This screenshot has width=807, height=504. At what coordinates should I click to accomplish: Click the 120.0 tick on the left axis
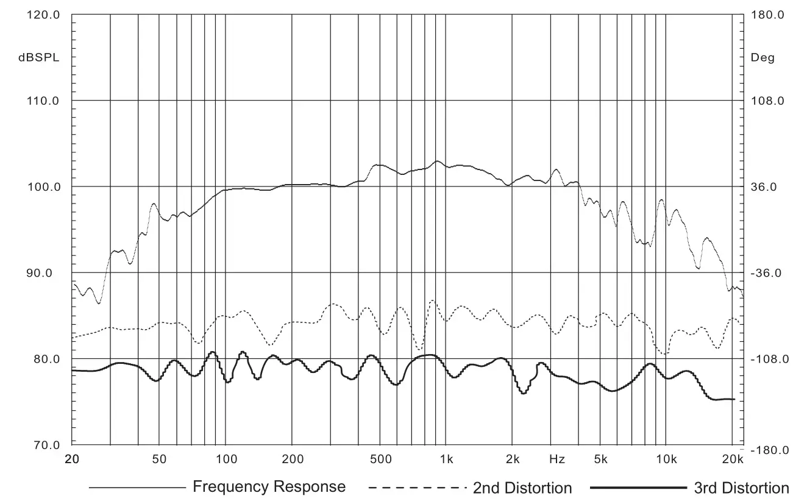pyautogui.click(x=43, y=15)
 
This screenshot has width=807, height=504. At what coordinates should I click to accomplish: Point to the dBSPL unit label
pyautogui.click(x=39, y=58)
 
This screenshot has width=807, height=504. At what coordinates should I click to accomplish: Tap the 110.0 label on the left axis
pyautogui.click(x=43, y=101)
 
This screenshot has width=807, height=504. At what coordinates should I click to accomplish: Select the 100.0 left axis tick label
pyautogui.click(x=43, y=187)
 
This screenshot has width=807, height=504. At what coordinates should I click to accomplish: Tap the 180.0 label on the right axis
pyautogui.click(x=769, y=15)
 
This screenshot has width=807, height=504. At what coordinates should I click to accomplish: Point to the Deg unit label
pyautogui.click(x=763, y=58)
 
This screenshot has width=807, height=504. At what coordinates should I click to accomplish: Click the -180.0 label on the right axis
pyautogui.click(x=769, y=450)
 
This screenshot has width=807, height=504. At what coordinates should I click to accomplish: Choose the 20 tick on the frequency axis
pyautogui.click(x=72, y=459)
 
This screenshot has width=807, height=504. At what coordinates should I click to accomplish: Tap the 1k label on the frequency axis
pyautogui.click(x=446, y=459)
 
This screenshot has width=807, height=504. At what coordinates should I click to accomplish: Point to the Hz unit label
pyautogui.click(x=556, y=459)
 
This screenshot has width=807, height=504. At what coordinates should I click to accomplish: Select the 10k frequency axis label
pyautogui.click(x=666, y=459)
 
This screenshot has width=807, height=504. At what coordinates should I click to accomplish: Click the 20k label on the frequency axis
pyautogui.click(x=733, y=459)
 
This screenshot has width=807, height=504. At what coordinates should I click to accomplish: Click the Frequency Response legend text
pyautogui.click(x=269, y=487)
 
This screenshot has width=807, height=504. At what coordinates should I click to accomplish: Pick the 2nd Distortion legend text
pyautogui.click(x=522, y=488)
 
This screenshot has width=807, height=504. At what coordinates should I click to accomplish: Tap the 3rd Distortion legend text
pyautogui.click(x=741, y=488)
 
